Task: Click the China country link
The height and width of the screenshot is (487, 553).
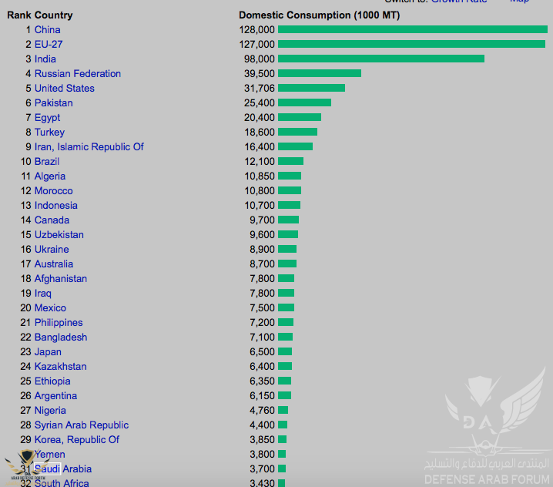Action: (x=47, y=29)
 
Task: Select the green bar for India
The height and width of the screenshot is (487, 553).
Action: (x=380, y=59)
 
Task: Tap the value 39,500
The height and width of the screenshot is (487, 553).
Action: (x=259, y=73)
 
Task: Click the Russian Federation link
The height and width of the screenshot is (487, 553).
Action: (x=77, y=73)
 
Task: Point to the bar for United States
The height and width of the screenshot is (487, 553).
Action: (x=311, y=88)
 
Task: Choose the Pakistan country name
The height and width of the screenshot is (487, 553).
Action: (x=53, y=102)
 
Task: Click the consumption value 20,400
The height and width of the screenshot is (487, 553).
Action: (x=259, y=117)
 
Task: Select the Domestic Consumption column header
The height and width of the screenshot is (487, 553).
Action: (x=319, y=15)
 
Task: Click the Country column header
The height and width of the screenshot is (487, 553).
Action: (x=53, y=15)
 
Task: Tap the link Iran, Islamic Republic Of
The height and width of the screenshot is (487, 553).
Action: (x=89, y=146)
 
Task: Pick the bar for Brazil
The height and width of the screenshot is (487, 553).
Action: (x=290, y=161)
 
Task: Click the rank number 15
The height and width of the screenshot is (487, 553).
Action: (x=26, y=234)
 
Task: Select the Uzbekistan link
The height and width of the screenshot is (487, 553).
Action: (x=59, y=234)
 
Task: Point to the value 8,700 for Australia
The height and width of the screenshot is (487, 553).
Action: (x=262, y=264)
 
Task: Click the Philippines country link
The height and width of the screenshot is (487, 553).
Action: (x=58, y=322)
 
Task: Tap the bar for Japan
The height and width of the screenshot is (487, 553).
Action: (x=285, y=351)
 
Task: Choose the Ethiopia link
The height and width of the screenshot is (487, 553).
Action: (x=52, y=381)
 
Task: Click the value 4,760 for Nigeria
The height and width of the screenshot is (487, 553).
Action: (x=262, y=410)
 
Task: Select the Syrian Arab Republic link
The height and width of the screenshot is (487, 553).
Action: (x=81, y=425)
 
